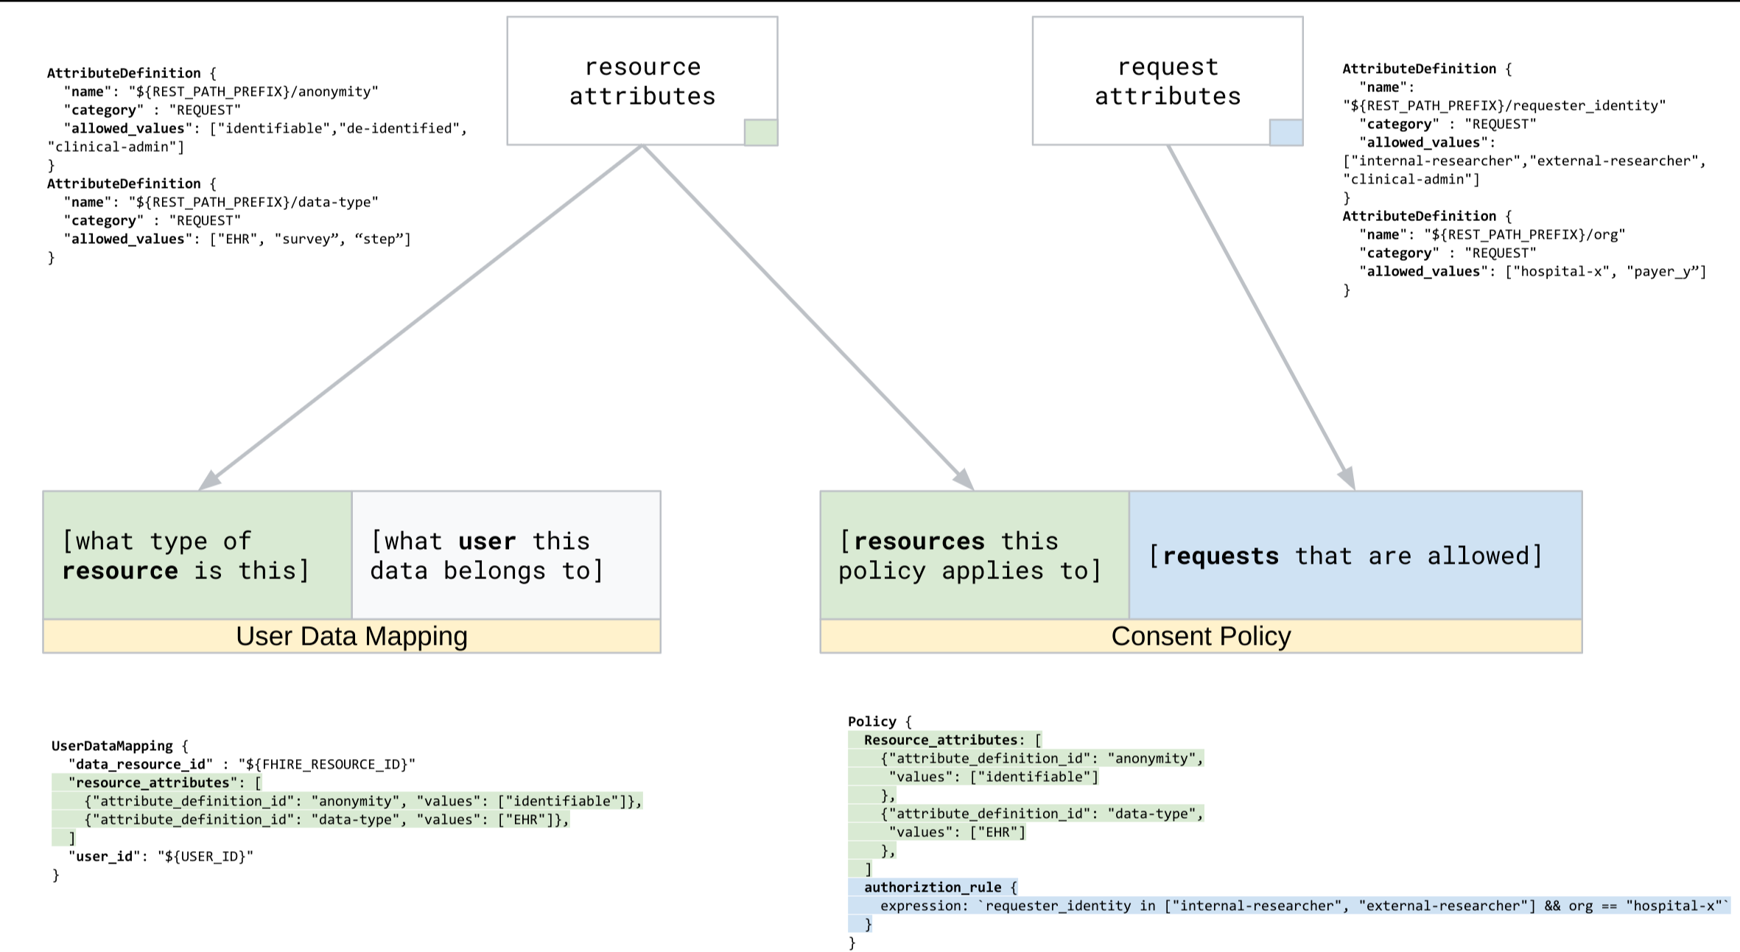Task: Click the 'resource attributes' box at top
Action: point(642,81)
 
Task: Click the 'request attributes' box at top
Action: point(1167,81)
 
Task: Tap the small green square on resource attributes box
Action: point(761,133)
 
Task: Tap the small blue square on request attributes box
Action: point(1286,133)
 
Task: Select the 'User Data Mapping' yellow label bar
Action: point(351,637)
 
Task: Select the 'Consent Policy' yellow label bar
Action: point(1201,637)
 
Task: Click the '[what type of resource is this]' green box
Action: point(197,556)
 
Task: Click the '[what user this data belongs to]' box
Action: point(506,556)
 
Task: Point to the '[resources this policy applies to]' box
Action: point(974,556)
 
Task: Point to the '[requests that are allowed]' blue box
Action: point(1355,556)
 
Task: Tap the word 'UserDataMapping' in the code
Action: point(112,746)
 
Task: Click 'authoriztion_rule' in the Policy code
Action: point(933,887)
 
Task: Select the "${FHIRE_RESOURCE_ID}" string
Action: point(326,764)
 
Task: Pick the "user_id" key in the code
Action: point(105,856)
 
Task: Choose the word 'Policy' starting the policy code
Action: point(871,721)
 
